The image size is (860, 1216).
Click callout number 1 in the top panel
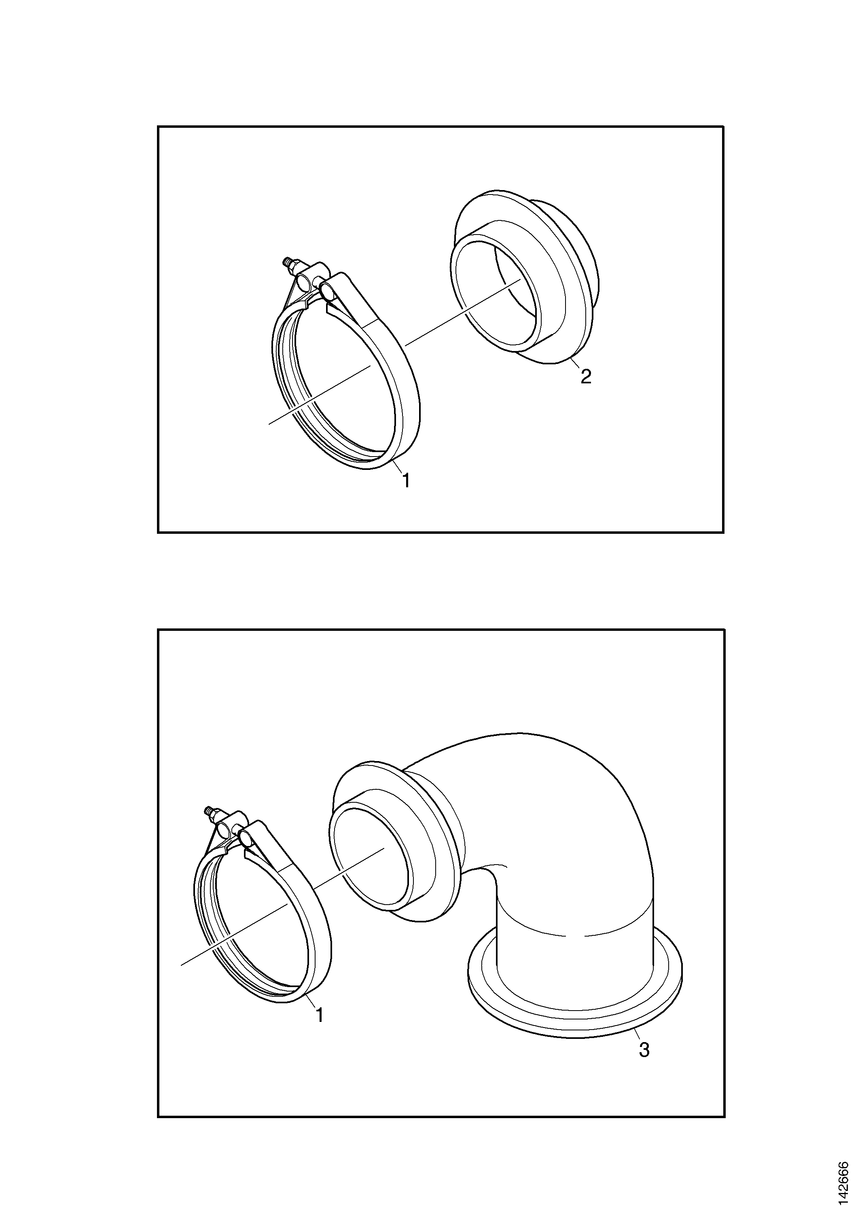406,480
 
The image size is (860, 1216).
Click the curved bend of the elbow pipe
562,810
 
